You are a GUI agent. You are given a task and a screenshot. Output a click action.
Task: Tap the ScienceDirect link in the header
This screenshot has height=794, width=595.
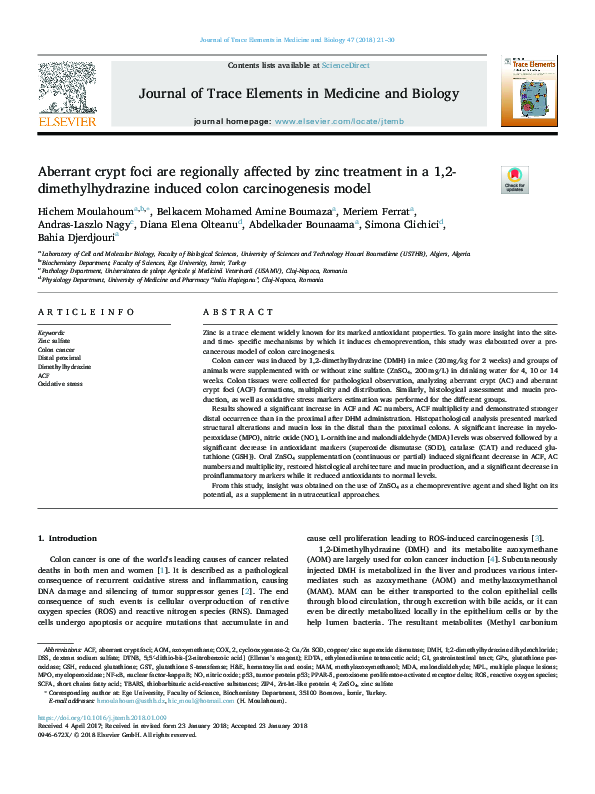point(345,65)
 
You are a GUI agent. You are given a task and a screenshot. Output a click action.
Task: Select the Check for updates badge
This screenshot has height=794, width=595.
point(514,181)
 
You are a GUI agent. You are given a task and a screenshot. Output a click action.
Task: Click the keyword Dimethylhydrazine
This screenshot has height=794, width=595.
point(63,366)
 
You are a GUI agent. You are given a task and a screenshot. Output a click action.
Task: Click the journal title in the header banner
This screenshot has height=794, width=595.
point(297,96)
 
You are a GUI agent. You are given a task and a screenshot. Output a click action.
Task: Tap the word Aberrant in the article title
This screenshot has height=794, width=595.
point(68,173)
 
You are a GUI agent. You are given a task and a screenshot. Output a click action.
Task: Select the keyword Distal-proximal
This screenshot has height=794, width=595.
point(60,358)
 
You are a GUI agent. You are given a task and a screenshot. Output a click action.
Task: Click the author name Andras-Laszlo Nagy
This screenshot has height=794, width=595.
point(78,224)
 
